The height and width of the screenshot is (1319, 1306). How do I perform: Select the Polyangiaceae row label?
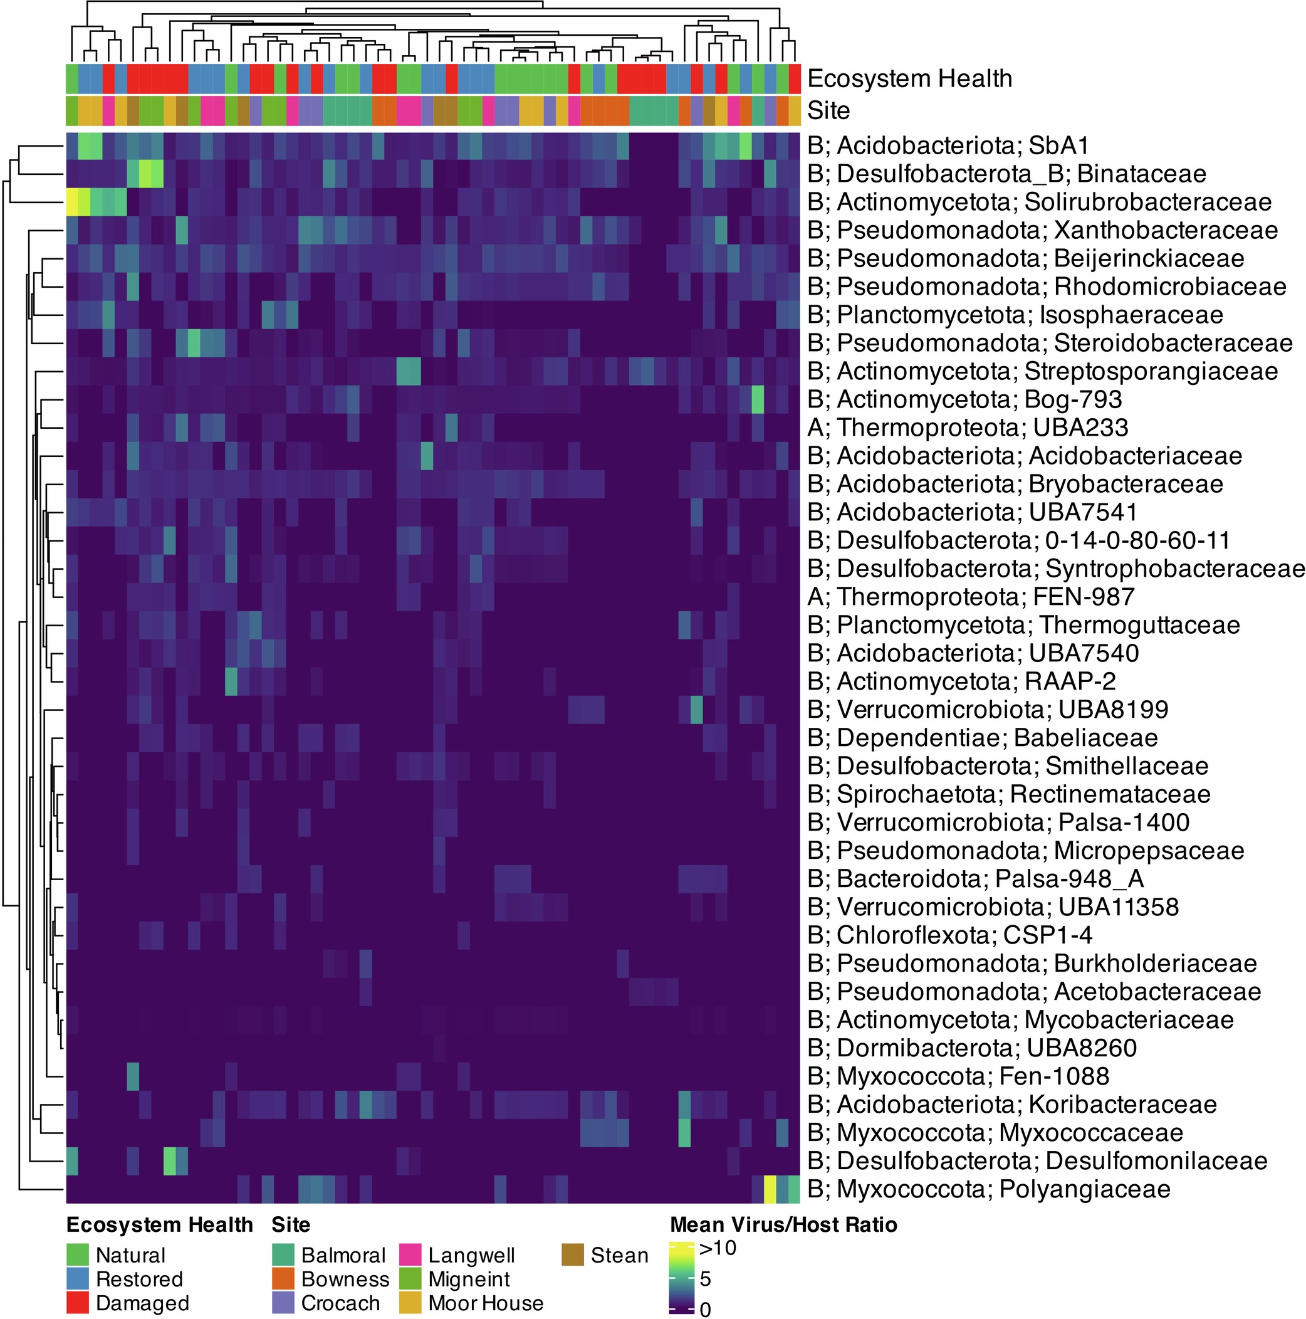click(989, 1189)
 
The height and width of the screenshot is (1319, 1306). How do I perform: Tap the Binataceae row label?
click(1006, 174)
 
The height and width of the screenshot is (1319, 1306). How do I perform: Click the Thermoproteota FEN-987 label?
click(971, 597)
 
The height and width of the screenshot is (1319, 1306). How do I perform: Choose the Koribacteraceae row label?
click(1012, 1104)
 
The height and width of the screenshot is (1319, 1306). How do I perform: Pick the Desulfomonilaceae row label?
click(1037, 1160)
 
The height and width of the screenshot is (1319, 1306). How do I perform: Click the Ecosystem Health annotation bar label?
click(909, 78)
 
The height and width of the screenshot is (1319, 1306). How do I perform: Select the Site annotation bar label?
click(828, 110)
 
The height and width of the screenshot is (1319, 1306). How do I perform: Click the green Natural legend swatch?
click(78, 1255)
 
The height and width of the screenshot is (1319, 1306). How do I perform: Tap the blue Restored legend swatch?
click(78, 1279)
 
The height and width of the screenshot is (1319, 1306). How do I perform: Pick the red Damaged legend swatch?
click(78, 1303)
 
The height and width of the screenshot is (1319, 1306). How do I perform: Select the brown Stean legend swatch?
click(573, 1255)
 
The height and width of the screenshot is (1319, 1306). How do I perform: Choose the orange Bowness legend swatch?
click(283, 1279)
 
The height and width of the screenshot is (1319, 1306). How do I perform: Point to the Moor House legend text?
click(486, 1303)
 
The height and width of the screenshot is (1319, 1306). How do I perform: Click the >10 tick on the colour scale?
click(718, 1248)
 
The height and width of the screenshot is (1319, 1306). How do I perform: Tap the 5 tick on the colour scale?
click(706, 1278)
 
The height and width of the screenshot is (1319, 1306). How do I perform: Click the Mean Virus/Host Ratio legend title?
click(783, 1225)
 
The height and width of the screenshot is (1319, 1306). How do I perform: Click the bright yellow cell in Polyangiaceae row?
click(770, 1189)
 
